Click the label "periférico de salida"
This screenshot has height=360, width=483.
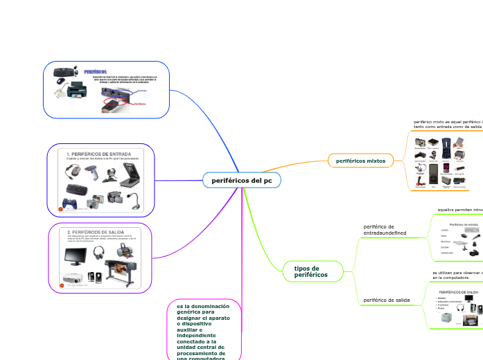coord(387,300)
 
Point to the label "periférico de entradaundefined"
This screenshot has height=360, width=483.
coord(385,230)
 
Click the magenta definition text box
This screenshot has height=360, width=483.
coord(203,330)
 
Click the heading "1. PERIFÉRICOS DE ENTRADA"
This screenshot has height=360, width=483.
coord(98,153)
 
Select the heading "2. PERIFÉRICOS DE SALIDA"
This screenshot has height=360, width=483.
coord(96,232)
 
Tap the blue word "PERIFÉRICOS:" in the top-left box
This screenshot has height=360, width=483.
coord(95,71)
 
